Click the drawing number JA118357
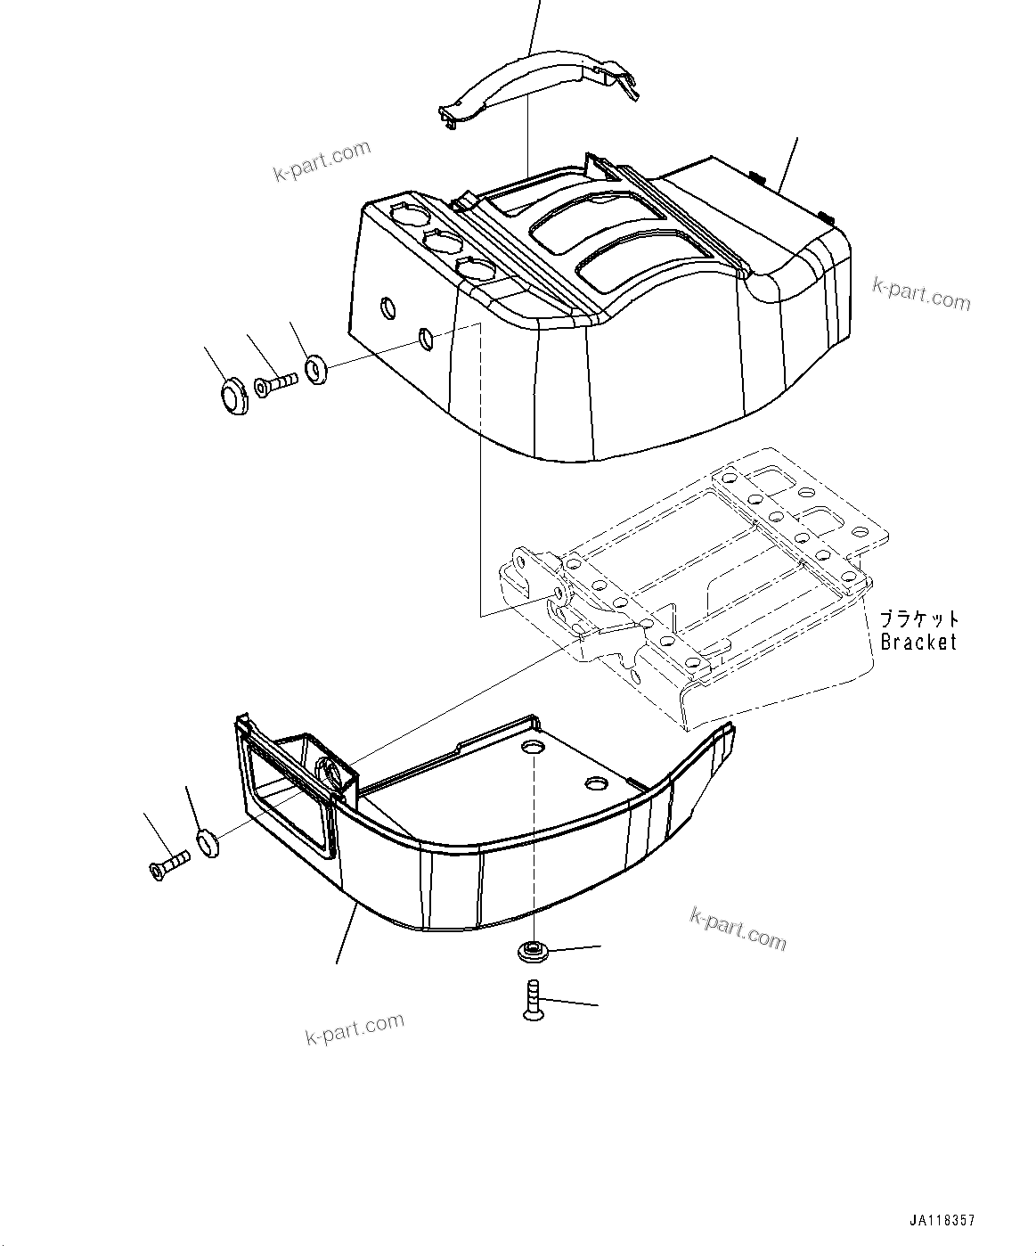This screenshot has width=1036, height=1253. [948, 1220]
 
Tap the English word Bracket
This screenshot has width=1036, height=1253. [918, 641]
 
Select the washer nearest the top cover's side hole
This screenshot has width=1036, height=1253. [316, 367]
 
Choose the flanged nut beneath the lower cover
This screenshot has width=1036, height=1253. [532, 952]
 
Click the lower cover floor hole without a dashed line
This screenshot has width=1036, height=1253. [595, 782]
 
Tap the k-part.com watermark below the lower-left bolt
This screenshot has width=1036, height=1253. [354, 1029]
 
